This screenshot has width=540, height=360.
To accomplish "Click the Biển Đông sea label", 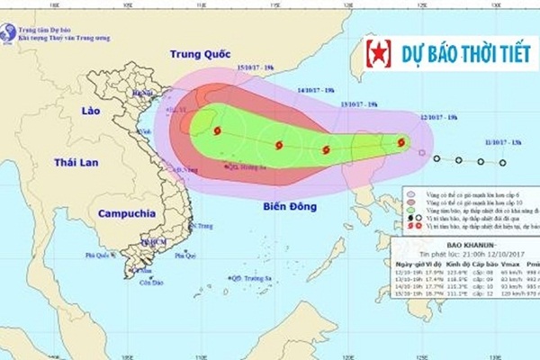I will click(290, 207).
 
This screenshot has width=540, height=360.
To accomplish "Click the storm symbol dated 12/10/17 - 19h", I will click(402, 141).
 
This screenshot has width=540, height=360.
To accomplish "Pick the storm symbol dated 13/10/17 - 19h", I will click(327, 150).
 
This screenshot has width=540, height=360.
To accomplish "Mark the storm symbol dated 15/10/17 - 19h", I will click(217, 131).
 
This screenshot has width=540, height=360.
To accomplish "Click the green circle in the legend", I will click(410, 203).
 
